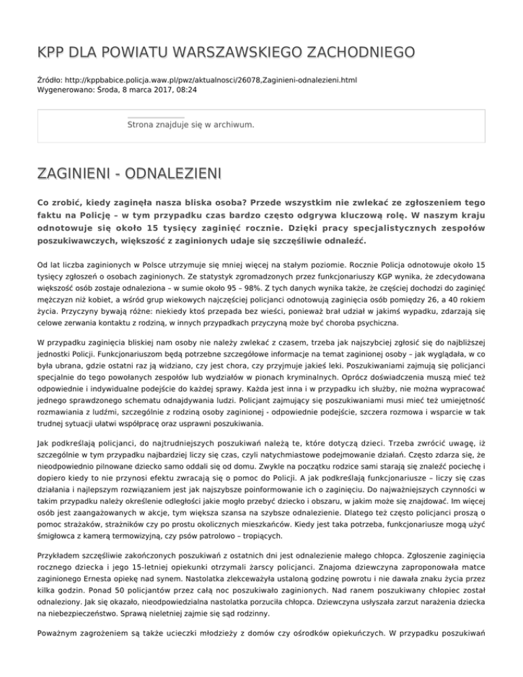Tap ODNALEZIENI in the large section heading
coord(169,174)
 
